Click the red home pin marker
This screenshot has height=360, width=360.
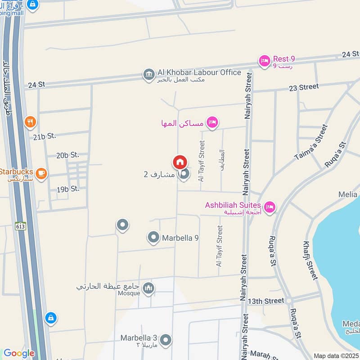[180, 162]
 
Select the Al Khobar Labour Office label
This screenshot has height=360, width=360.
[199, 72]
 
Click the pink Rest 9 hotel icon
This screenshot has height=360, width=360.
[264, 61]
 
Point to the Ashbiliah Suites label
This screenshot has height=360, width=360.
[233, 205]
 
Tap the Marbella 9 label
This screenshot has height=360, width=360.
[180, 238]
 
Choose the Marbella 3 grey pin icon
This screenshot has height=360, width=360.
[166, 340]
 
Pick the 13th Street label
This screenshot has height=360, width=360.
[266, 301]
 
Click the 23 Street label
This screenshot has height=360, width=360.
[304, 87]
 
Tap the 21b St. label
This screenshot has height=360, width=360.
[44, 135]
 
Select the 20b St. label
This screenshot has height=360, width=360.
[67, 155]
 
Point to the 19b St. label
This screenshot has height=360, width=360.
[68, 189]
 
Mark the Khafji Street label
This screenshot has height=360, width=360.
[311, 260]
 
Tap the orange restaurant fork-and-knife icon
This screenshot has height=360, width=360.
[30, 121]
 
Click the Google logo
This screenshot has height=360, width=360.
[19, 353]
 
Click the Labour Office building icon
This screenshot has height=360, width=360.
[148, 74]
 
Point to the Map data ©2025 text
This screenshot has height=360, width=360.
[336, 356]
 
